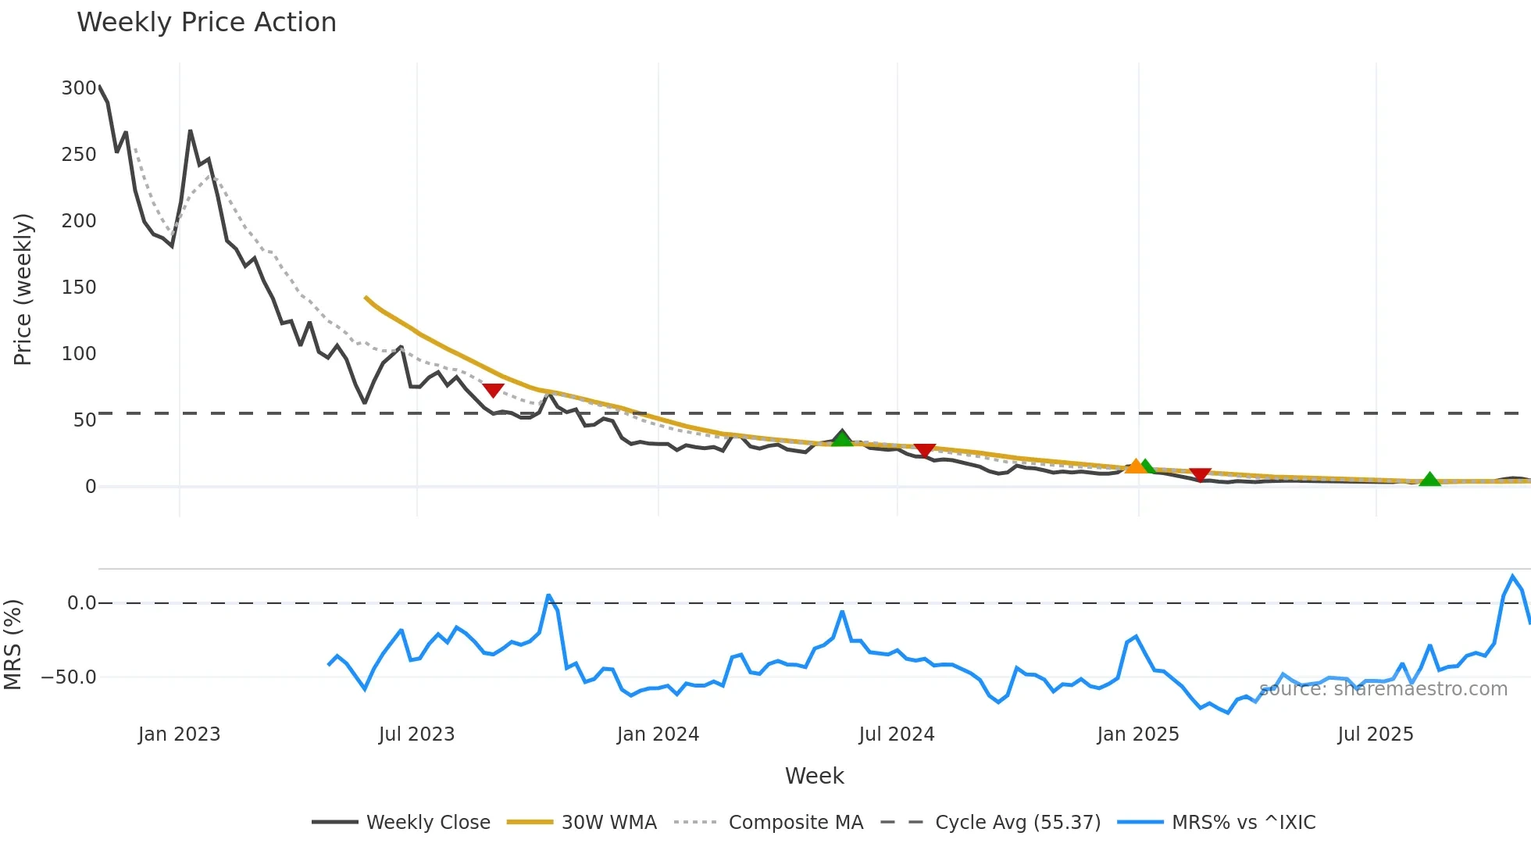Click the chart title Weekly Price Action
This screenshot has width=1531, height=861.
coord(206,23)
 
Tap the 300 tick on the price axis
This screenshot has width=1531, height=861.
coord(79,88)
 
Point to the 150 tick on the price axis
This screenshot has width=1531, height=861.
coord(79,288)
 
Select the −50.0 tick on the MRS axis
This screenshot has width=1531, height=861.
coord(69,677)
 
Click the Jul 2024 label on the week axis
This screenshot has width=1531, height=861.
coord(896,734)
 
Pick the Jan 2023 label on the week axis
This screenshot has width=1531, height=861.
coord(179,734)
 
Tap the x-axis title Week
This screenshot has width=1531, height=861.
coord(814,776)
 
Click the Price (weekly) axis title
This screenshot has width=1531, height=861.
coord(23,289)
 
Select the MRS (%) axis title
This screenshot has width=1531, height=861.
coord(12,645)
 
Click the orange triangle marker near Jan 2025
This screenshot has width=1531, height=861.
coord(1135,466)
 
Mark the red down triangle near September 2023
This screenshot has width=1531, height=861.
coord(493,390)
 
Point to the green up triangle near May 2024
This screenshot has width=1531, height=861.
coord(842,439)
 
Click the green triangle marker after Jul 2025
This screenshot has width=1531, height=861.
coord(1429,480)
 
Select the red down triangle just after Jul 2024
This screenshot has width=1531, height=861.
coord(925,451)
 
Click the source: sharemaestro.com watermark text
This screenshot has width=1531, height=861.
coord(1383,689)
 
